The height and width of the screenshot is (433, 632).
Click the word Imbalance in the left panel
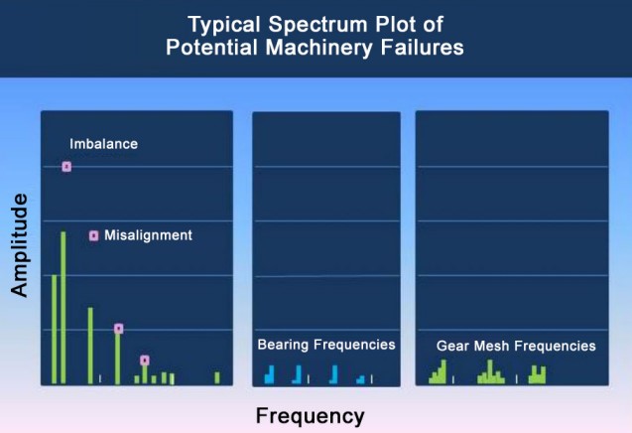(x=103, y=144)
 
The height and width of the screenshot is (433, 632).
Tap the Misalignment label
(x=149, y=235)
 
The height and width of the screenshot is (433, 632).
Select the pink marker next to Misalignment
(x=93, y=235)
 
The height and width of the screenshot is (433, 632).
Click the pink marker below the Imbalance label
(x=66, y=167)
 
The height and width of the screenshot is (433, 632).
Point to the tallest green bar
(x=63, y=308)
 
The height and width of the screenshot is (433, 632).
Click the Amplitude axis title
(x=20, y=245)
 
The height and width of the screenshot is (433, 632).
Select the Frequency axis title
(x=310, y=416)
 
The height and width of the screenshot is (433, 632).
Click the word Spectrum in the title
(x=318, y=25)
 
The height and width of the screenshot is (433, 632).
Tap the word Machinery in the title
(x=318, y=48)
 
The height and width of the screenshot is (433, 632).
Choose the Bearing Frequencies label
(x=326, y=345)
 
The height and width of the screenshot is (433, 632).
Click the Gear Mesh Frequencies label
(x=516, y=346)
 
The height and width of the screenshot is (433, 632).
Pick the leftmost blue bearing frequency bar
(x=270, y=374)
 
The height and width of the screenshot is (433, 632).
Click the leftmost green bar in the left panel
(x=55, y=330)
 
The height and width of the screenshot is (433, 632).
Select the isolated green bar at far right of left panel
(x=217, y=377)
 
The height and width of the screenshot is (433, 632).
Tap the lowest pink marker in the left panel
(x=145, y=361)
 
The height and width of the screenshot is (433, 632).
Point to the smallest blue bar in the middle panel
(x=361, y=379)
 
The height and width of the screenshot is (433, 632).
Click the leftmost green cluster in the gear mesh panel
(x=438, y=371)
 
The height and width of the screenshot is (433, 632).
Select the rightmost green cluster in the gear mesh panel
(x=538, y=374)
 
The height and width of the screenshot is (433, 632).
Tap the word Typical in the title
(x=223, y=25)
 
